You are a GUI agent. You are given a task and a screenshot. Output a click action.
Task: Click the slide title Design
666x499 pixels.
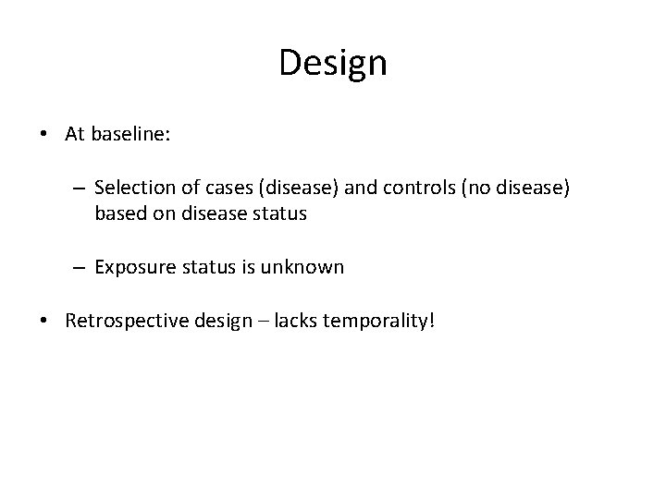333,64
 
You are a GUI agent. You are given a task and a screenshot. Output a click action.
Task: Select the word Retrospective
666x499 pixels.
122,321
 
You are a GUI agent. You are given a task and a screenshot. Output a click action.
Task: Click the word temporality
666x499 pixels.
374,321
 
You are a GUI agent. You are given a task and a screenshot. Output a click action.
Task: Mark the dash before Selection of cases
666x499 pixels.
80,189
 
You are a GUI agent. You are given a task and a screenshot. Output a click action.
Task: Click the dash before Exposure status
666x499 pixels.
80,268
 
